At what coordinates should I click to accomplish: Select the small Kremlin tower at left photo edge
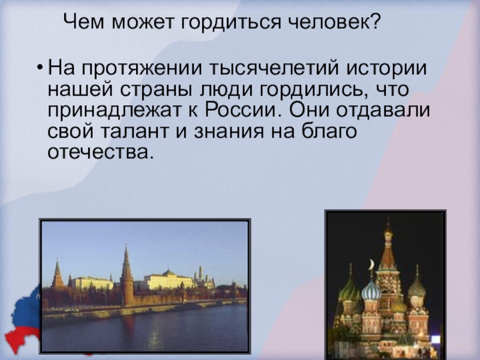pos(58,276)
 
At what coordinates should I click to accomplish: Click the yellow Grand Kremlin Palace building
pos(168,280)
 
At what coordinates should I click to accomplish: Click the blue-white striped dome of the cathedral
pos(371,292)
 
